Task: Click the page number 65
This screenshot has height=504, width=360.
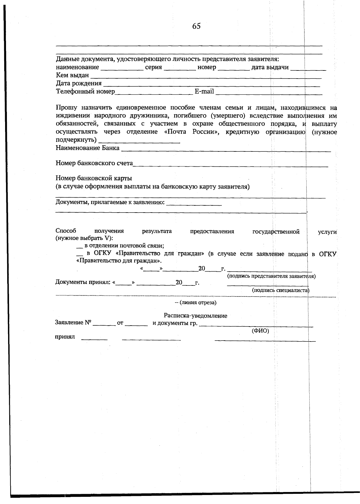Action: (x=196, y=26)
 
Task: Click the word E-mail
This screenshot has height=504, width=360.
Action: (x=204, y=91)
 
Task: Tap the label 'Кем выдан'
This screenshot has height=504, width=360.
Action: (x=72, y=75)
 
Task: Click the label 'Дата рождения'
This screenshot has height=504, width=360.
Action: (x=79, y=83)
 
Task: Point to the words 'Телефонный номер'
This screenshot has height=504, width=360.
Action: (x=85, y=91)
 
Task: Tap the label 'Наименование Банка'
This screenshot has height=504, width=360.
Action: (x=87, y=148)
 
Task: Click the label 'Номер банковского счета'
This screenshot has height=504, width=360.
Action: (x=94, y=163)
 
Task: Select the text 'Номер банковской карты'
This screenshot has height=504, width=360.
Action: (x=94, y=178)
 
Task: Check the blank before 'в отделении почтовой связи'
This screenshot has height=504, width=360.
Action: (x=79, y=246)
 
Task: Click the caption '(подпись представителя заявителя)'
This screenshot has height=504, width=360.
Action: (x=271, y=276)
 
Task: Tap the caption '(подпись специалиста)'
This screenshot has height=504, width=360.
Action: (x=280, y=290)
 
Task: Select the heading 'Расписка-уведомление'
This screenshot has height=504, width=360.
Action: (x=195, y=316)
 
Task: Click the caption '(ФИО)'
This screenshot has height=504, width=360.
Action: (x=260, y=331)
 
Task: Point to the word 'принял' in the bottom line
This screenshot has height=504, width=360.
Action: (x=64, y=337)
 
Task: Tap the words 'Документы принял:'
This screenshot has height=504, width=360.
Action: (x=83, y=282)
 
